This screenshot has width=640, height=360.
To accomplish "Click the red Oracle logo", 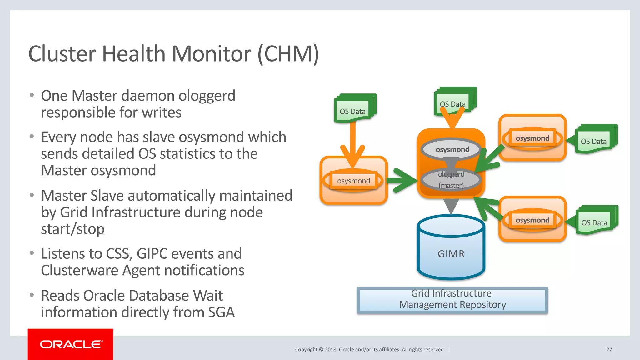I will pyautogui.click(x=71, y=344).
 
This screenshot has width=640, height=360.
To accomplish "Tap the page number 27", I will pyautogui.click(x=609, y=349).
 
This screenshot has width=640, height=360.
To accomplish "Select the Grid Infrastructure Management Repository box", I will pyautogui.click(x=452, y=299).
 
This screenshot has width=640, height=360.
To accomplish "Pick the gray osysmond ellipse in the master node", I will pyautogui.click(x=452, y=149).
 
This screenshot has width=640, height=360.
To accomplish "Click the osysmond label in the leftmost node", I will pyautogui.click(x=353, y=181).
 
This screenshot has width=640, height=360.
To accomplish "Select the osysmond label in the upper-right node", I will pyautogui.click(x=532, y=138).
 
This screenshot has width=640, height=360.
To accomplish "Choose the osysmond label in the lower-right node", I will pyautogui.click(x=532, y=220).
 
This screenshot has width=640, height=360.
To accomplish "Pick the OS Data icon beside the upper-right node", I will pyautogui.click(x=595, y=140).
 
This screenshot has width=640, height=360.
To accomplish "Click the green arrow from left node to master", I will pyautogui.click(x=403, y=180).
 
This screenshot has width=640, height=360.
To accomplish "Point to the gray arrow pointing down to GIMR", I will pyautogui.click(x=451, y=206).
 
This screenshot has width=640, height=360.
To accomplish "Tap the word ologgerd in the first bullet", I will pyautogui.click(x=207, y=96).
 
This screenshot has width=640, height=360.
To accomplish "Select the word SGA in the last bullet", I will pyautogui.click(x=221, y=312).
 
